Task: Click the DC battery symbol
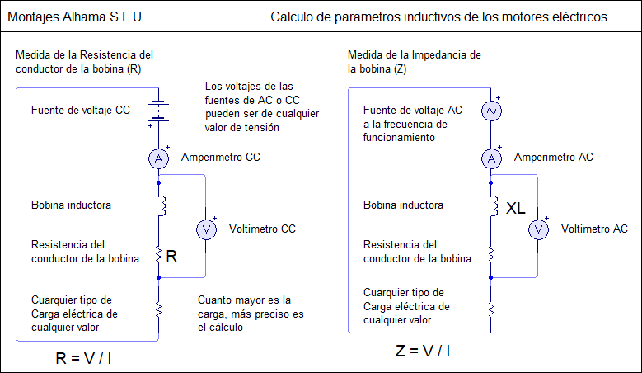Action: pos(159,111)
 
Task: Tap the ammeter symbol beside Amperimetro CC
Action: pos(159,158)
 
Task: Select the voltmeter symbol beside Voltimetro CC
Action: pos(206,229)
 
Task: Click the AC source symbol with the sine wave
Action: pos(491,111)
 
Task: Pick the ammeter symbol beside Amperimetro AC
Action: pos(491,158)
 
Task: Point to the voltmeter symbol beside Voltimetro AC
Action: pos(538,229)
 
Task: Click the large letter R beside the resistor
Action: pos(171,256)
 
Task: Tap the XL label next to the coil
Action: pos(515,208)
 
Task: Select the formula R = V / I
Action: pos(83,358)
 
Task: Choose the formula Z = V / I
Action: pos(423,351)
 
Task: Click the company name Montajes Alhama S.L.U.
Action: pos(76,17)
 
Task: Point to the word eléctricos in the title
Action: pos(579,17)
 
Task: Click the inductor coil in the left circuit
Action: pos(162,205)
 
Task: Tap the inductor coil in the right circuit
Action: pos(494,205)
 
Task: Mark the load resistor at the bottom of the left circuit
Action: pos(159,309)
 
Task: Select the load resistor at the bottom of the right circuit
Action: pos(491,309)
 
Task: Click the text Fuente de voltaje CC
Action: pos(81,111)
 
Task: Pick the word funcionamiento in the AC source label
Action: pos(399,137)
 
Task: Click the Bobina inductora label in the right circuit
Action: pos(403,205)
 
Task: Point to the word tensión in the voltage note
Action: pos(262,127)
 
